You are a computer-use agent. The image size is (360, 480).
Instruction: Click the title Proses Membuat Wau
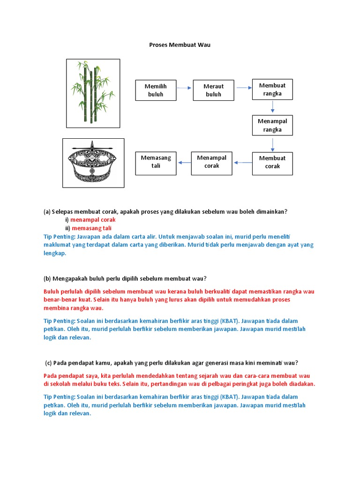(180, 45)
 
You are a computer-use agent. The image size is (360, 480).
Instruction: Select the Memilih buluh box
(156, 90)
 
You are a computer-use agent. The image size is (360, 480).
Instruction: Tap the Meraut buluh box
(213, 90)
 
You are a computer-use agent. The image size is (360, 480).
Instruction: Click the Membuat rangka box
(272, 90)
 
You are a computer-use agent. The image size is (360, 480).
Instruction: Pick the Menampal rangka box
(272, 125)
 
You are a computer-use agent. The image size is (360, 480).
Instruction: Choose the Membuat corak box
(272, 162)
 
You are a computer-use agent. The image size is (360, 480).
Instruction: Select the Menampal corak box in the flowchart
(211, 162)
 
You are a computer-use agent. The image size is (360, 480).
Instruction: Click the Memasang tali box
(156, 162)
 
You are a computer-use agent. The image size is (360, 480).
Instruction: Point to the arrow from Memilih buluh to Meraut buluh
(185, 88)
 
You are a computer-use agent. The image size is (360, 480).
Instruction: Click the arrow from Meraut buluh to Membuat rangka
(243, 88)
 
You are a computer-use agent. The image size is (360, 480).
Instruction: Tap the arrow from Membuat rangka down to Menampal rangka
(273, 107)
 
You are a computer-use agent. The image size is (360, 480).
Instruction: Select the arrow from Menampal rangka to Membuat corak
(273, 143)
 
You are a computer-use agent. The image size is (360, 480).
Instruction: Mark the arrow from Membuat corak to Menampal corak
(242, 163)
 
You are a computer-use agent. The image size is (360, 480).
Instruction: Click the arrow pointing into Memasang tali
(184, 163)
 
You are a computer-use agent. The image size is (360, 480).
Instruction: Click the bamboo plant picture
(93, 93)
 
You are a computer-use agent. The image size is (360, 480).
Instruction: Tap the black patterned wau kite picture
(93, 163)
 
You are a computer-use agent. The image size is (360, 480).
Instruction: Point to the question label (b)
(47, 278)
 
